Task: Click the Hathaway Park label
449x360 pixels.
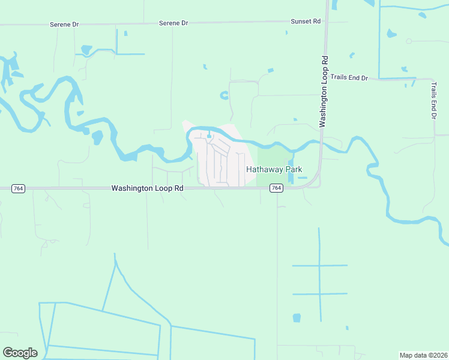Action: pos(274,170)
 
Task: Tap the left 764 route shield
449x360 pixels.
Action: pos(19,188)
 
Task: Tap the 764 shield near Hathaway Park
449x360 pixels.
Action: pos(276,188)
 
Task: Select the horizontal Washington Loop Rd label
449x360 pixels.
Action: pos(147,188)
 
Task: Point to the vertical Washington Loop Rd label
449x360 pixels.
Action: pos(324,91)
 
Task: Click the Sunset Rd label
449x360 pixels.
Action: pos(306,21)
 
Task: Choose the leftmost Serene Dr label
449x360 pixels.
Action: pos(64,24)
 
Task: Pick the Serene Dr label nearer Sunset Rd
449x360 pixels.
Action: pos(173,23)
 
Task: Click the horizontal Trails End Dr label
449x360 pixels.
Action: pos(349,78)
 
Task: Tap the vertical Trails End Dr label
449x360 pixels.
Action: pos(433,101)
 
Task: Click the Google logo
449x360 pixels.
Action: pos(20,353)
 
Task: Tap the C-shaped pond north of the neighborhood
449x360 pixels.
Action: pos(224,95)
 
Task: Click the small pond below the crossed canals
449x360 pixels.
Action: pos(296,317)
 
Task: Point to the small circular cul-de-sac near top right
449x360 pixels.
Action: pos(409,41)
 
